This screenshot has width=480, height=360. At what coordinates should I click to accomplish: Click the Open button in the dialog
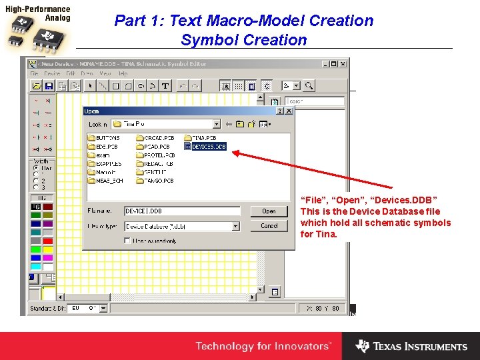tap(269, 211)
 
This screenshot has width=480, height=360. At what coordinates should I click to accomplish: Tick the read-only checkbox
tap(127, 241)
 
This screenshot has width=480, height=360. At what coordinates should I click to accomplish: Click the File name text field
tap(181, 211)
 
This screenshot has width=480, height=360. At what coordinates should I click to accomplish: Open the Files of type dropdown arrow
tap(235, 226)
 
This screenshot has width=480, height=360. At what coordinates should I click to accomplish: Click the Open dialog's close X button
tap(288, 111)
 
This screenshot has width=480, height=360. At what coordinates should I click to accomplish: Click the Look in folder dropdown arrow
tap(216, 124)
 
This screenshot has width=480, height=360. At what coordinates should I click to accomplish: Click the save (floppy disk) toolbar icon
tap(49, 86)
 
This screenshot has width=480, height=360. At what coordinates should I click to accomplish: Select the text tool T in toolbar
tap(165, 86)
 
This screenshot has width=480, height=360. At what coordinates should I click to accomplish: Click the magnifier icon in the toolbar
tap(308, 86)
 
